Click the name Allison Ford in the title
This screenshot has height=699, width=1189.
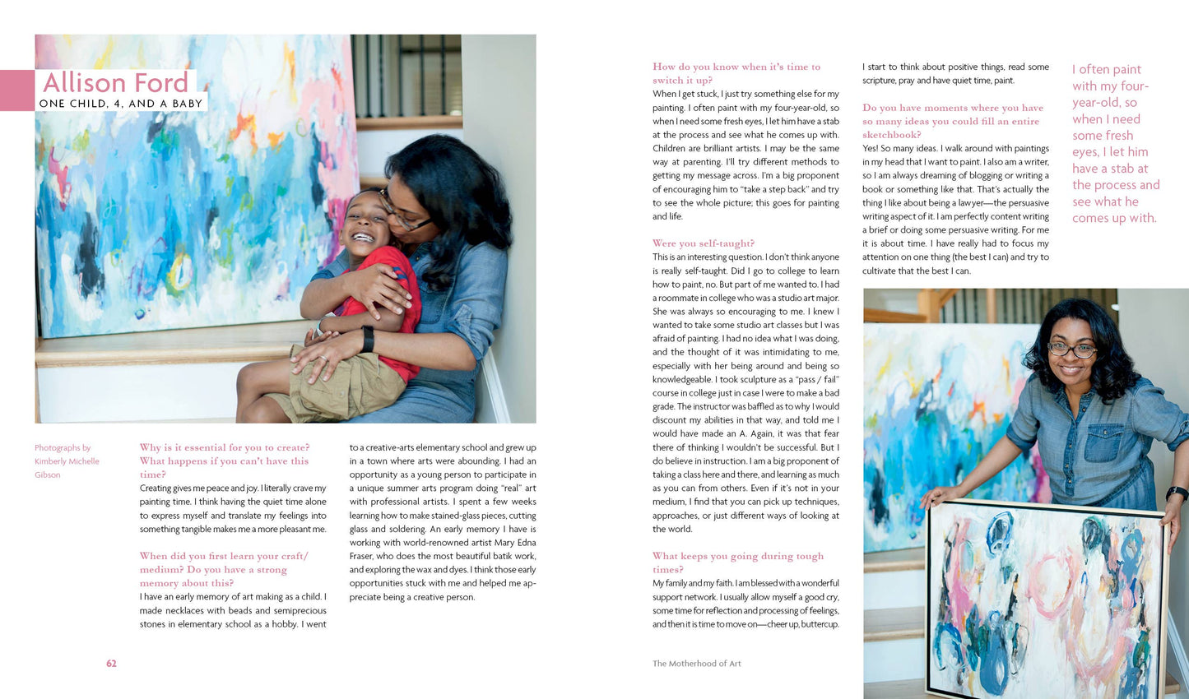[x=115, y=82]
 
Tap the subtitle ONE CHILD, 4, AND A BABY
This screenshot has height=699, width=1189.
[x=121, y=104]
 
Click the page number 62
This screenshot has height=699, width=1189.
[x=111, y=664]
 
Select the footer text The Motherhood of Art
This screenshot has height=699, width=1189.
[x=696, y=664]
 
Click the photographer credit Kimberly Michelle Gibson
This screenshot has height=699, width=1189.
[x=66, y=461]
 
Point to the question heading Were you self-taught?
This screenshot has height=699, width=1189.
[x=703, y=243]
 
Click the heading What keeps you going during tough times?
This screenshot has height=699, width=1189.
[x=737, y=562]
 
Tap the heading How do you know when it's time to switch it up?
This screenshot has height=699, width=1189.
[x=736, y=73]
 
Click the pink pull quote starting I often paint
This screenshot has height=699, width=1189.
[x=1115, y=144]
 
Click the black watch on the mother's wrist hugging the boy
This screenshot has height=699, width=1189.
[x=367, y=338]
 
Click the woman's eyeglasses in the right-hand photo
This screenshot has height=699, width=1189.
[x=1071, y=349]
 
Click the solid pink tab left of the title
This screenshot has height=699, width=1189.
[x=16, y=90]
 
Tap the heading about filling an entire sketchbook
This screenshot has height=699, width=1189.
[x=952, y=121]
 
